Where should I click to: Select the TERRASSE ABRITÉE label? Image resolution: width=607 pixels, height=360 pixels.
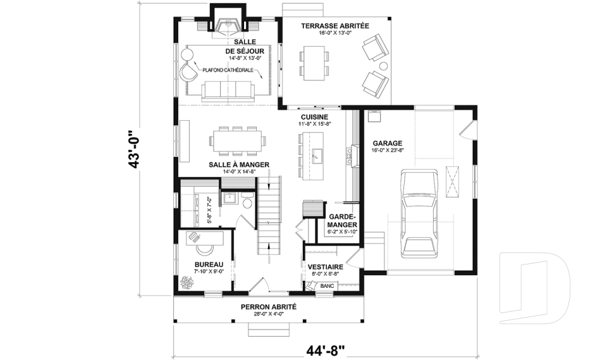click(x=334, y=26)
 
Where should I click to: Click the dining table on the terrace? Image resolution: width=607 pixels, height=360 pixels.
click(x=315, y=62)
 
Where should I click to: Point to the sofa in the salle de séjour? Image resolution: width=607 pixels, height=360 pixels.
click(x=227, y=91)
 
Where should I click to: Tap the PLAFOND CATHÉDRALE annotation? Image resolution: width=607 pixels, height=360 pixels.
click(x=229, y=70)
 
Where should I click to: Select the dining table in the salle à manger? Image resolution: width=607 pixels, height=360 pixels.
click(x=237, y=140)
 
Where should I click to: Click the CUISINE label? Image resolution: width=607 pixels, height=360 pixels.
click(x=314, y=117)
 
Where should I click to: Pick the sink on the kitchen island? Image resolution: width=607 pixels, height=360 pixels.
click(x=317, y=154)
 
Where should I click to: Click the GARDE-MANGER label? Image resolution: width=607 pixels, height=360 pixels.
click(x=343, y=220)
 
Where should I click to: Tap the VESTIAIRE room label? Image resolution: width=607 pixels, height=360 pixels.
click(x=325, y=267)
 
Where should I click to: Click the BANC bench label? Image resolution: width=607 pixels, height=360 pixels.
click(x=326, y=286)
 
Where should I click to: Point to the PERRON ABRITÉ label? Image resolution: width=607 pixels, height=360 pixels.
click(x=268, y=306)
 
